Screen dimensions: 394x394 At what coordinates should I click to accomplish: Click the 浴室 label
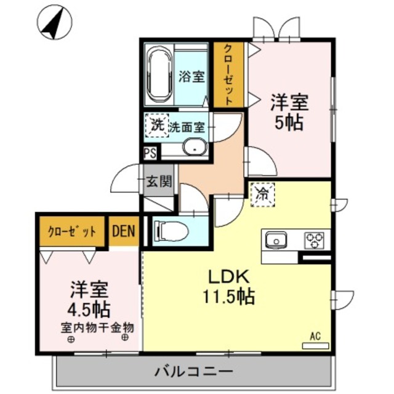pyautogui.click(x=191, y=77)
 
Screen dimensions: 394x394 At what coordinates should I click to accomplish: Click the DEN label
pyautogui.click(x=126, y=231)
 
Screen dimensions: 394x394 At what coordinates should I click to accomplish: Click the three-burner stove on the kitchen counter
pyautogui.click(x=315, y=239)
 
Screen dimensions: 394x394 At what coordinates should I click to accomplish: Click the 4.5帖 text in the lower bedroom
pyautogui.click(x=89, y=306)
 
